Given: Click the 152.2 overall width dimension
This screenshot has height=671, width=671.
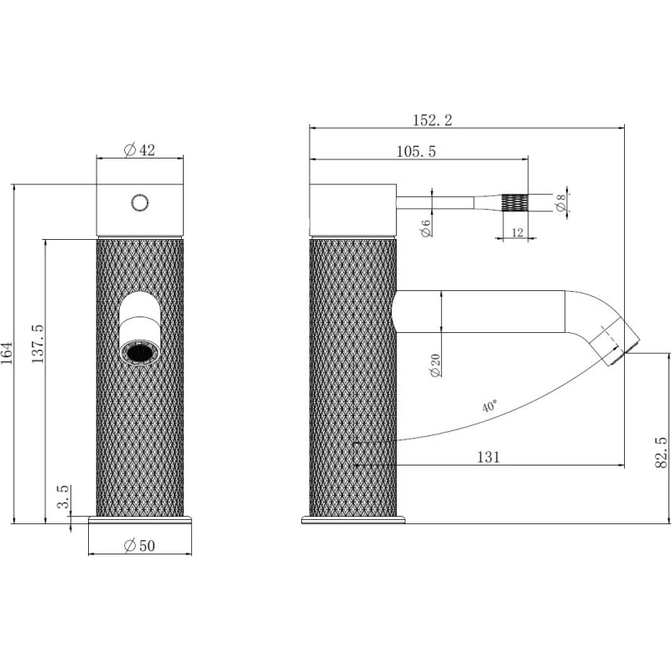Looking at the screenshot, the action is pos(432,120).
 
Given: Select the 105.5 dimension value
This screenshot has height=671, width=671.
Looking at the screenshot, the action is pos(416,152).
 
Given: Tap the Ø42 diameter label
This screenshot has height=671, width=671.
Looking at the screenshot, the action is pos(139,150).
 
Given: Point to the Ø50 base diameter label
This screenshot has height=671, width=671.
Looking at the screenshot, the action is pos(139,546).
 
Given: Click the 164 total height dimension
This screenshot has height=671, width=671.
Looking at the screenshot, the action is pos(8,353).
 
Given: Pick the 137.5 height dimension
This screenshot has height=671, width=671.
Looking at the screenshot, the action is pos(38,344).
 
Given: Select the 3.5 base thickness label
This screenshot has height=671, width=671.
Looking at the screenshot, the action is pos(63,497).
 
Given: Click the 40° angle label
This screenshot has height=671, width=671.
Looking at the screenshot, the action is pos(490,406).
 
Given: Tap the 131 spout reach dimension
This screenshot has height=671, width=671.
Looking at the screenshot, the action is pos(488,457).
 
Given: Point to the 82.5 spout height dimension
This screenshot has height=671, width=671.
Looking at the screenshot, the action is pos(661,452).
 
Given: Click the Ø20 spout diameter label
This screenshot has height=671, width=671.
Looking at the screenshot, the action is pos(435,365).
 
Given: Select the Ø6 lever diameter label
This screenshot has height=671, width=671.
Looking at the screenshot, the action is pos(426,228).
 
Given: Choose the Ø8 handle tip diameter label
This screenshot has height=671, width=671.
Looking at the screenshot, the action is pos(560,202).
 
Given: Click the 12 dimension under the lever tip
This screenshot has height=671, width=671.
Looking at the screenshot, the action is pos(518,232).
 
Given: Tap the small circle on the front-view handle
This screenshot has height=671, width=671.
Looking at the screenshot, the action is pos(140,202).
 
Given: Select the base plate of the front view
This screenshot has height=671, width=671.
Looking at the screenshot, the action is pos(140,520).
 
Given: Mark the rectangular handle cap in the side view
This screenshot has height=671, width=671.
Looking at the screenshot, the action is pos(352,210).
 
